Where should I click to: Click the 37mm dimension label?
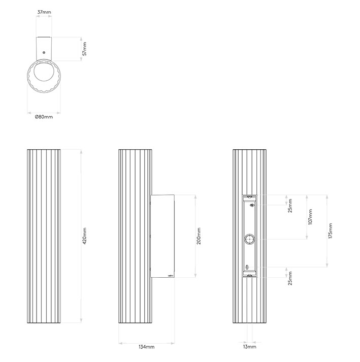44,12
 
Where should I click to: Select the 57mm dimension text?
84,49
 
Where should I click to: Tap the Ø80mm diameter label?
44,117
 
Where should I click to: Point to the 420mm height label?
84,236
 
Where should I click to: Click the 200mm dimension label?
199,236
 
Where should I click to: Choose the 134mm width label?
146,347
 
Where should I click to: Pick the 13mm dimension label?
249,347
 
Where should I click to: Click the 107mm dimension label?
310,217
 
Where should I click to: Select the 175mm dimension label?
331,231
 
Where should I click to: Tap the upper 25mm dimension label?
290,206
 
